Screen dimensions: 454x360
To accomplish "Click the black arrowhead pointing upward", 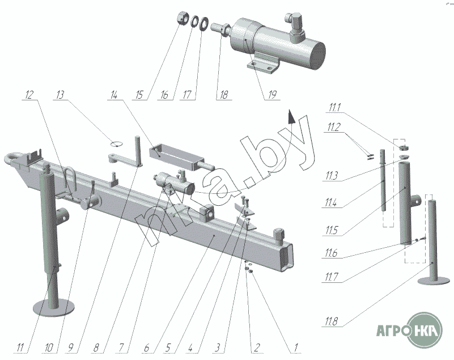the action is point(290,117).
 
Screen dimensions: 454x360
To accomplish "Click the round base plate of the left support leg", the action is point(53,308).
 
